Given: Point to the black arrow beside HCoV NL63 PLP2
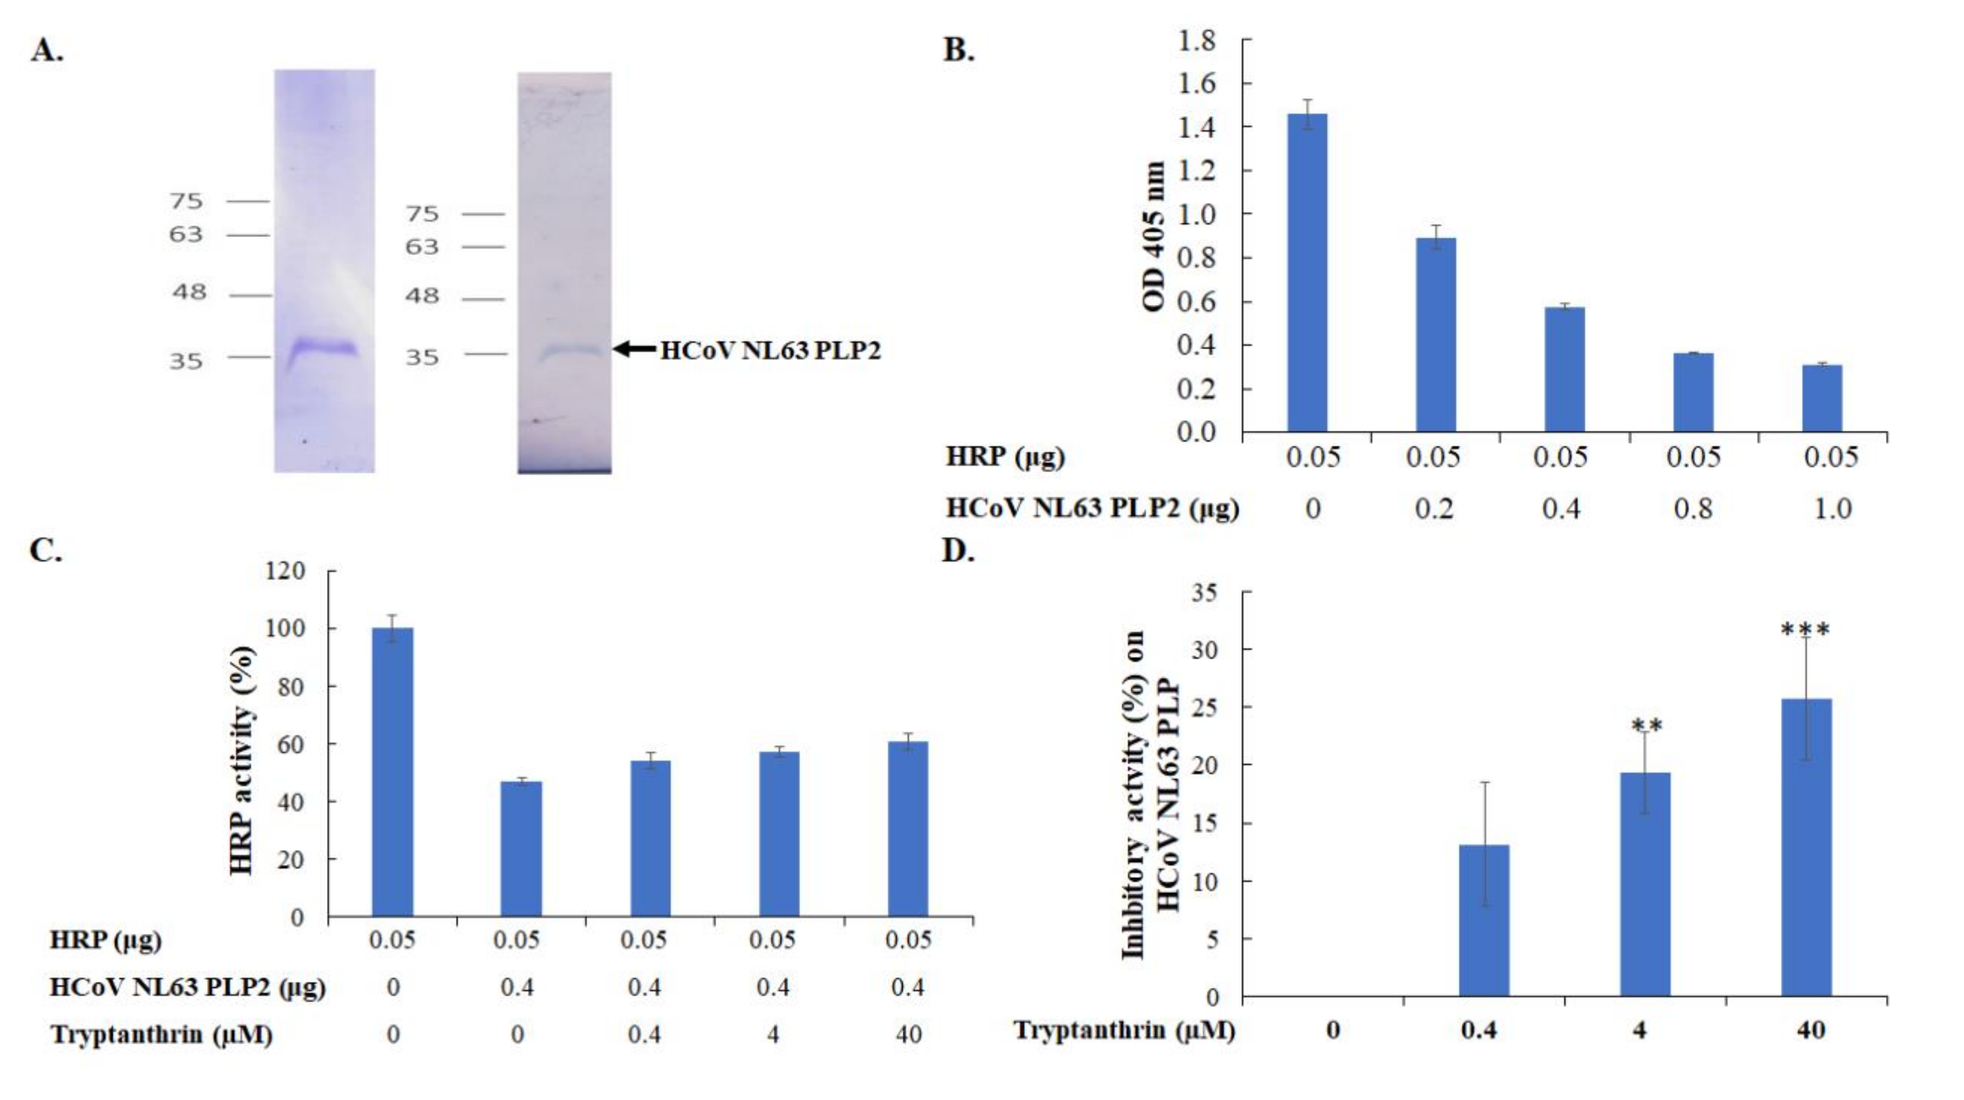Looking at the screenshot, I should coord(635,349).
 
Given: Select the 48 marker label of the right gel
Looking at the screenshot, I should coord(421,296).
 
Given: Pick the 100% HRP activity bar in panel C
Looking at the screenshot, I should coord(393,771).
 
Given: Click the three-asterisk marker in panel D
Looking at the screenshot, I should coord(1805,630).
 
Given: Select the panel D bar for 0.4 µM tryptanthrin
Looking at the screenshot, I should coord(1484,920).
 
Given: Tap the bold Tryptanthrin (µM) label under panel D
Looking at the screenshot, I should coord(1124,1031).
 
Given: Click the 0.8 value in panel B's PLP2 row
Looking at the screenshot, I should coord(1693,508).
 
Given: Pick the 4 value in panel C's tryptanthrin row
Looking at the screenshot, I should coord(773,1035).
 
